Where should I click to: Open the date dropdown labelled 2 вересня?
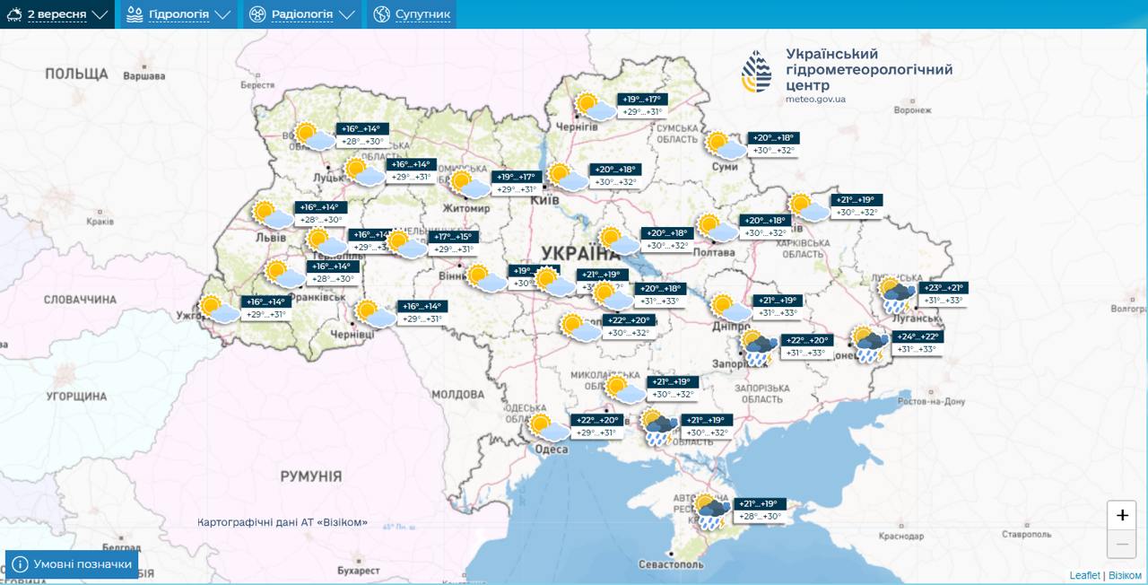coord(57,14)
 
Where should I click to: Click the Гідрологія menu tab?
coord(178,14)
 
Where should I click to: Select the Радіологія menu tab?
coord(301,14)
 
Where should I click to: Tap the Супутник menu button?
coord(412,14)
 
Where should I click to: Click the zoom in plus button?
coord(1121,516)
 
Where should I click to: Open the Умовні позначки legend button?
coord(72,564)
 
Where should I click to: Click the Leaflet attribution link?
coord(1084,575)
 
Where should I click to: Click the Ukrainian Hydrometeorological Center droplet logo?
coord(755,72)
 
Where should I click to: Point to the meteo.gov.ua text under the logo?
coord(815,100)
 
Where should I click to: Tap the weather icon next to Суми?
coord(725,145)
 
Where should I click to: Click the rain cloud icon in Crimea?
coord(711,512)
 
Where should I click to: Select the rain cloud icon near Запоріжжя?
coord(758,348)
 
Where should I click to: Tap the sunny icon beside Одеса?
coord(548,427)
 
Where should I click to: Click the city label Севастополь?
coord(670,565)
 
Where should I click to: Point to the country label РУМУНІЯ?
coord(310,476)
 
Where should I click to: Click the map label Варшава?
coord(143,76)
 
